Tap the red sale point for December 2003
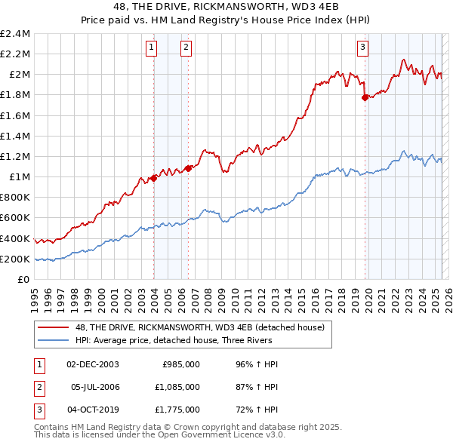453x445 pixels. pos(154,178)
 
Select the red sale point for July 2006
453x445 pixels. pos(188,168)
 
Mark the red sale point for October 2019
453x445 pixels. pos(365,97)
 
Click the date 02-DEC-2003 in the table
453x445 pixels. pos(93,364)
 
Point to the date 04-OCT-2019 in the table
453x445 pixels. pos(94,410)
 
